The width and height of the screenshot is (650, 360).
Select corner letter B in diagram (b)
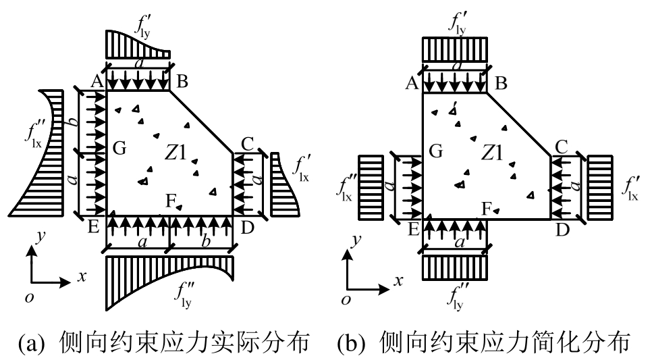[x=500, y=83]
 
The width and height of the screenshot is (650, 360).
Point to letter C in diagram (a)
[x=247, y=144]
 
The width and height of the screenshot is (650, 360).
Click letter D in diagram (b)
[x=562, y=230]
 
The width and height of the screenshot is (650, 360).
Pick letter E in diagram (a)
[x=94, y=228]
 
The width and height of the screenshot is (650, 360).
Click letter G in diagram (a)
[x=119, y=149]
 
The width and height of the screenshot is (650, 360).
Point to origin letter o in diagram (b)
[x=346, y=301]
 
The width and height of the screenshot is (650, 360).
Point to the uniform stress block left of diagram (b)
[x=371, y=187]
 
